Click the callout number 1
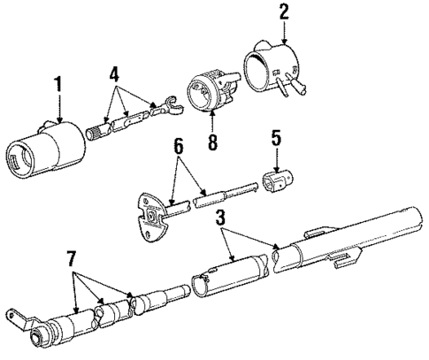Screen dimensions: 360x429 pos(58,86)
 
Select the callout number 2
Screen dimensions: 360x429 pos(284,13)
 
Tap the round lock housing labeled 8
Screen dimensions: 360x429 pos(207,95)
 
